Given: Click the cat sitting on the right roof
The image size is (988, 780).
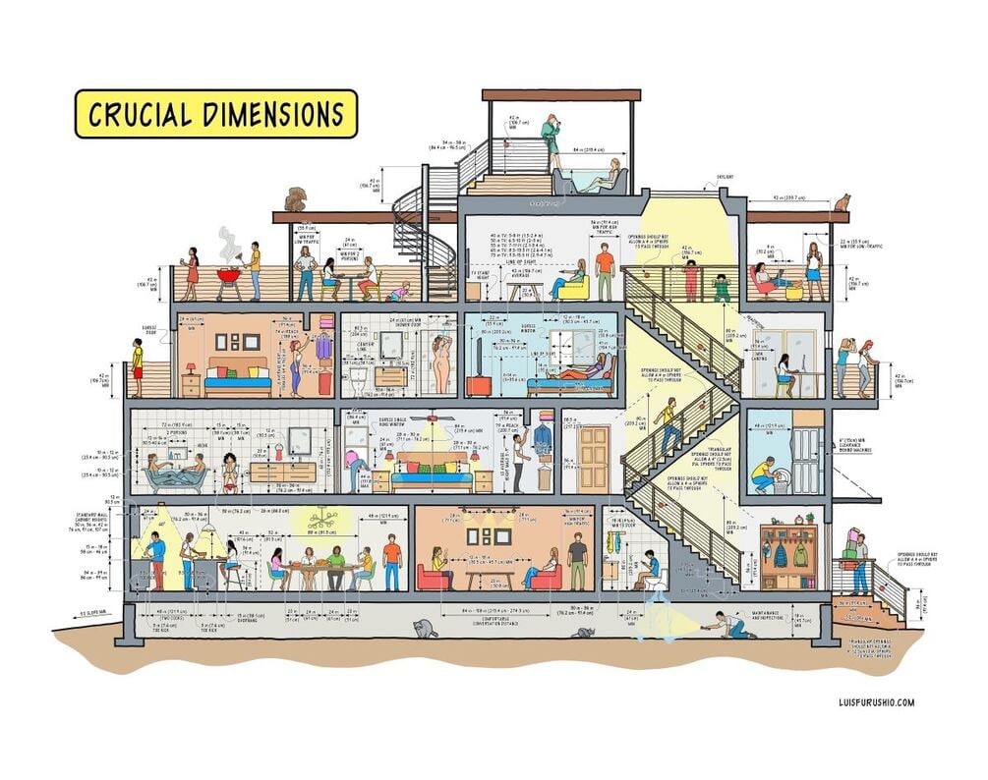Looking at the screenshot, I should (842, 201).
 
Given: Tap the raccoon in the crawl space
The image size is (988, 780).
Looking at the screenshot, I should (426, 628).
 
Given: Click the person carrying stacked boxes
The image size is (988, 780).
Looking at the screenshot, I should (859, 560).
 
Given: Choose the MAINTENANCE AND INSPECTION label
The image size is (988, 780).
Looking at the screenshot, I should (773, 615).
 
